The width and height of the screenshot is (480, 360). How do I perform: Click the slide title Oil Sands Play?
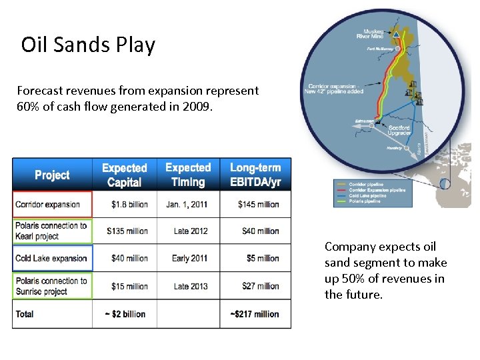(x=88, y=45)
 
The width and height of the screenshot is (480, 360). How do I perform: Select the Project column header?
(x=52, y=175)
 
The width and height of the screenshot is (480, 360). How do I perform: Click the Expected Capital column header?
(x=124, y=175)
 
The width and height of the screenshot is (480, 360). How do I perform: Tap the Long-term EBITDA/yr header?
(x=255, y=175)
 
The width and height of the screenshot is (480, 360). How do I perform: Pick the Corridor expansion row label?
(x=47, y=205)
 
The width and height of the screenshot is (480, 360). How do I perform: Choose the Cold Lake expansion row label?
(x=51, y=259)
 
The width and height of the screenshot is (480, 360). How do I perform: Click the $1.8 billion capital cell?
(x=128, y=205)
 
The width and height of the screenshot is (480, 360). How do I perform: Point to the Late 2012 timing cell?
(x=190, y=231)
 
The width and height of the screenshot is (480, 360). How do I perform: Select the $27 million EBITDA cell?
(x=259, y=287)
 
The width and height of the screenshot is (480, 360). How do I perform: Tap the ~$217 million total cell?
(x=255, y=314)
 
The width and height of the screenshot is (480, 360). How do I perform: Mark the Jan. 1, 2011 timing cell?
(x=188, y=205)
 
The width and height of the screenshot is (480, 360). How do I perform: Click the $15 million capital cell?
(x=129, y=287)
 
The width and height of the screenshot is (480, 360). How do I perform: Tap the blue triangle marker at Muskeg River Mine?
(x=396, y=33)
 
